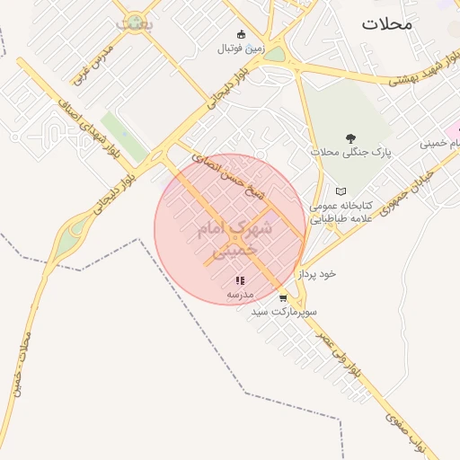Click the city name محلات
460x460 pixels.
[x=388, y=24]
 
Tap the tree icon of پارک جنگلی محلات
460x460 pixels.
[x=349, y=138]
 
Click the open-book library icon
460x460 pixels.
[x=340, y=191]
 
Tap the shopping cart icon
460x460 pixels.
[x=283, y=297]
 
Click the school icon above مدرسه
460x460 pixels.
[x=239, y=281]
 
